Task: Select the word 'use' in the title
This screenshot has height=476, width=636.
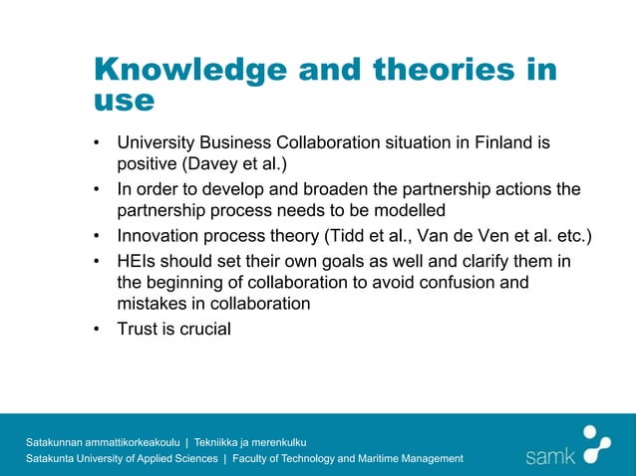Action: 124,100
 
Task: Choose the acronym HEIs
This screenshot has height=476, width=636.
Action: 138,260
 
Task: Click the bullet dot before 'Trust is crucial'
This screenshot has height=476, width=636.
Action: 97,328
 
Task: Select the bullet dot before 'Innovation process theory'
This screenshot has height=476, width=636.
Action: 97,236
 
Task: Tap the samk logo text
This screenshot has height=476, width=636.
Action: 550,456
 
